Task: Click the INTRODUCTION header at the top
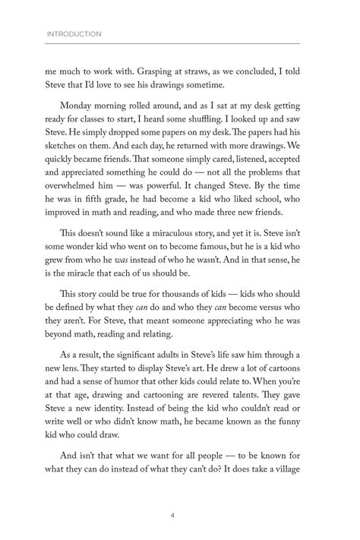pyautogui.click(x=74, y=34)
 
